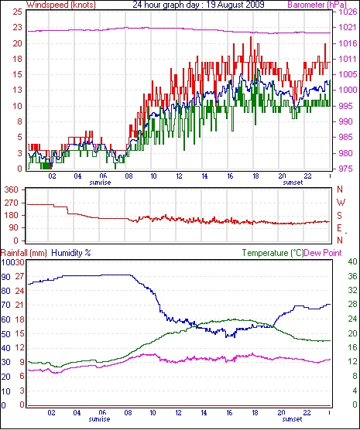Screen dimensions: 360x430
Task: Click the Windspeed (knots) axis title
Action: pyautogui.click(x=60, y=5)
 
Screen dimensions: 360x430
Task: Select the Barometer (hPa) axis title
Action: pyautogui.click(x=317, y=5)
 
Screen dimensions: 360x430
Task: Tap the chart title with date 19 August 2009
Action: pyautogui.click(x=198, y=5)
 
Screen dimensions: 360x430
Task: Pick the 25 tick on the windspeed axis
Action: pyautogui.click(x=17, y=12)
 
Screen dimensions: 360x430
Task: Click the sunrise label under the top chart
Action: pyautogui.click(x=100, y=183)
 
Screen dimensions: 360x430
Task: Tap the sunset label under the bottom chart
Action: pyautogui.click(x=292, y=419)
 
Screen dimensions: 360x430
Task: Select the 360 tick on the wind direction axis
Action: pyautogui.click(x=12, y=189)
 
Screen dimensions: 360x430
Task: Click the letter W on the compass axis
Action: pyautogui.click(x=341, y=203)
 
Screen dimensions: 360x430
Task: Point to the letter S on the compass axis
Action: pyautogui.click(x=340, y=216)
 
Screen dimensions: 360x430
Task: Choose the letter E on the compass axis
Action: pyautogui.click(x=339, y=228)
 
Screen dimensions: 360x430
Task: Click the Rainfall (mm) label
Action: pyautogui.click(x=24, y=253)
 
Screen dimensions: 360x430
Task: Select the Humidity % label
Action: pyautogui.click(x=71, y=253)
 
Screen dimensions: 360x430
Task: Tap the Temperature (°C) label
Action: pyautogui.click(x=273, y=253)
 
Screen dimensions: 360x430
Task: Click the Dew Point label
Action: pyautogui.click(x=323, y=253)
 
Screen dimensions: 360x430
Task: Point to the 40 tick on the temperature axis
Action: pyautogui.click(x=352, y=261)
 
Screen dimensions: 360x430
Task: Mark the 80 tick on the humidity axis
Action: pyautogui.click(x=5, y=291)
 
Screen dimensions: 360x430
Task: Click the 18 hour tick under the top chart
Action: pyautogui.click(x=255, y=176)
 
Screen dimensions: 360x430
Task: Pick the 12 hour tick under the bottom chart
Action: pyautogui.click(x=179, y=412)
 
